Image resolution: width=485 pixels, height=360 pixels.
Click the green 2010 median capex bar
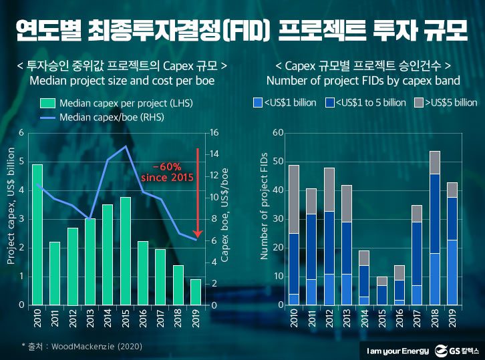pos(37,234)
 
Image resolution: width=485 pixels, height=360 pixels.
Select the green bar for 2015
pos(125,251)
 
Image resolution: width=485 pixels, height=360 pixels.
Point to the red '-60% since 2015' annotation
pos(167,172)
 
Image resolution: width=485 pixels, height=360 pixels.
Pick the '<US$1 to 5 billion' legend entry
pos(366,102)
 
